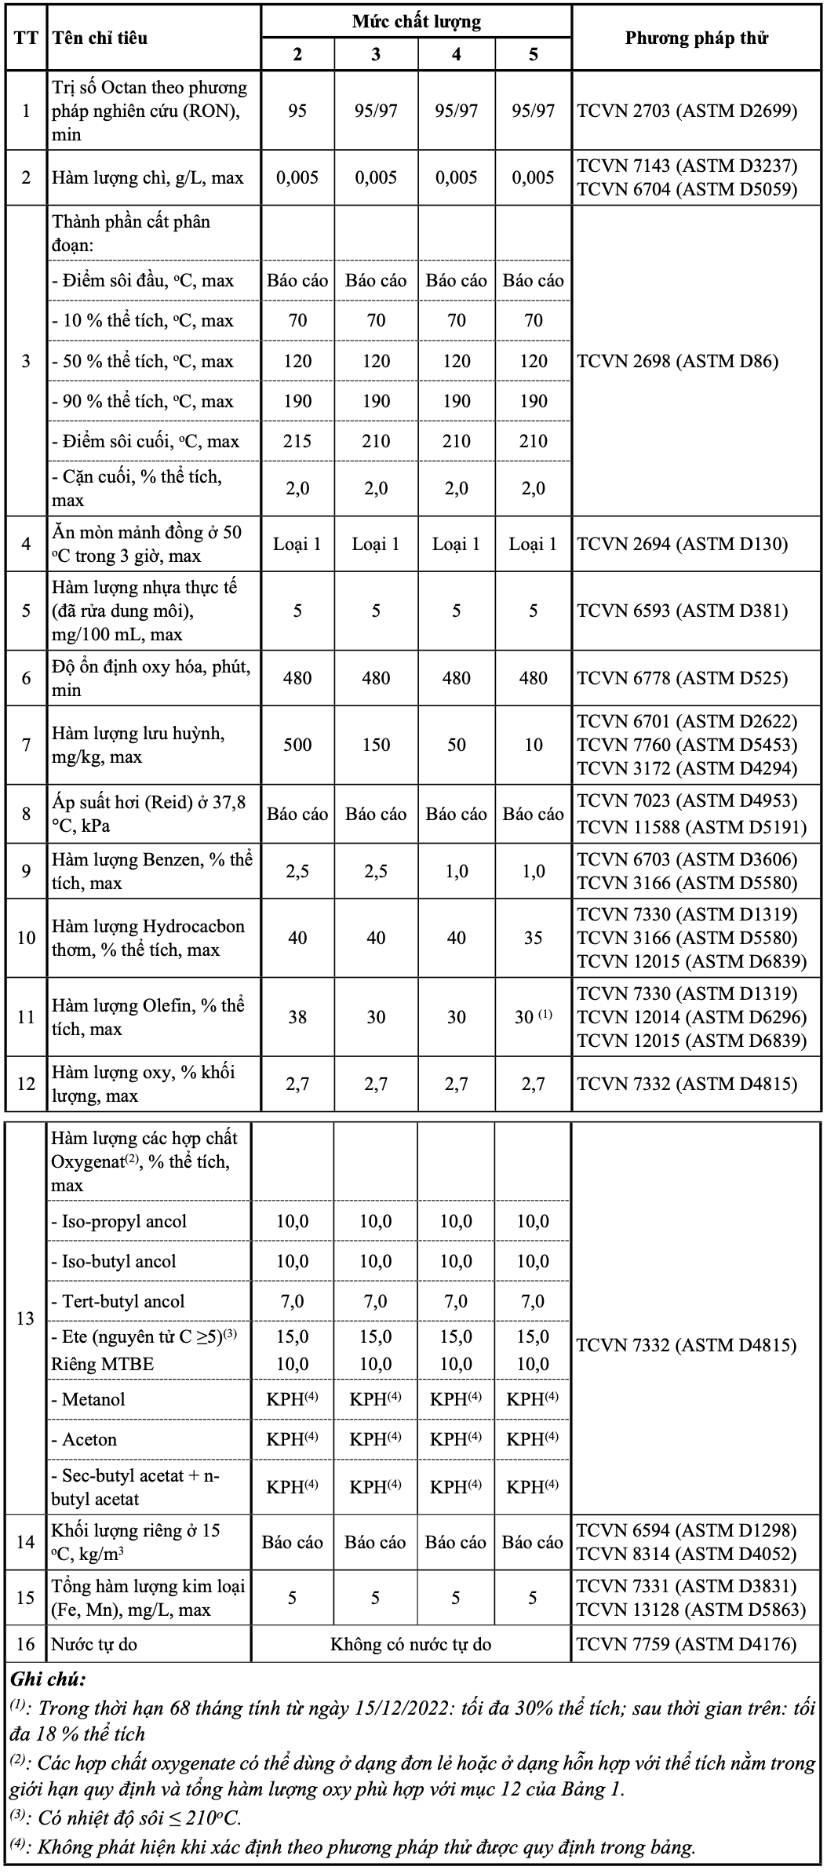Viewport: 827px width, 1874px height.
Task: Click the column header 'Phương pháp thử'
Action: point(696,38)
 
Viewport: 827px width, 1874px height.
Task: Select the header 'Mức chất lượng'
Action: point(416,21)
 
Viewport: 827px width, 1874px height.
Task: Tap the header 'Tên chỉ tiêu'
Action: point(100,38)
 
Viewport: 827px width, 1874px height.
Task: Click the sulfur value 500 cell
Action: point(297,745)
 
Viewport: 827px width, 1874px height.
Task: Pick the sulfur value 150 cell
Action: point(376,745)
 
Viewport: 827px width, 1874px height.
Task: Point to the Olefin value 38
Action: point(297,1017)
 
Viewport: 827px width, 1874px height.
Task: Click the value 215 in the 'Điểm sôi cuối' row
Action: point(297,441)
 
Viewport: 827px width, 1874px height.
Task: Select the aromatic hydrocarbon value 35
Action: point(533,938)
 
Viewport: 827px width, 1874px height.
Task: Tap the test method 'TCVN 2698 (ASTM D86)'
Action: point(678,361)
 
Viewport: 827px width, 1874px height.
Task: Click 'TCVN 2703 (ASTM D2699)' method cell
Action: point(687,111)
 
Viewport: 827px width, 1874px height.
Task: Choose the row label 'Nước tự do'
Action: point(95,1644)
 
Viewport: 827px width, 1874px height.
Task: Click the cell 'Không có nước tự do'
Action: point(410,1644)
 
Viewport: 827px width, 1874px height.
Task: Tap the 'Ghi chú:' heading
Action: point(48,1679)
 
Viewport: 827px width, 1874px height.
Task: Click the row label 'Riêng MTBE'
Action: point(102,1364)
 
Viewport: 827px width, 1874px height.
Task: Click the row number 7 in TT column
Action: point(26,745)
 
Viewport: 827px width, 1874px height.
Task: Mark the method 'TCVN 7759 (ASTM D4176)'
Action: point(687,1644)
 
